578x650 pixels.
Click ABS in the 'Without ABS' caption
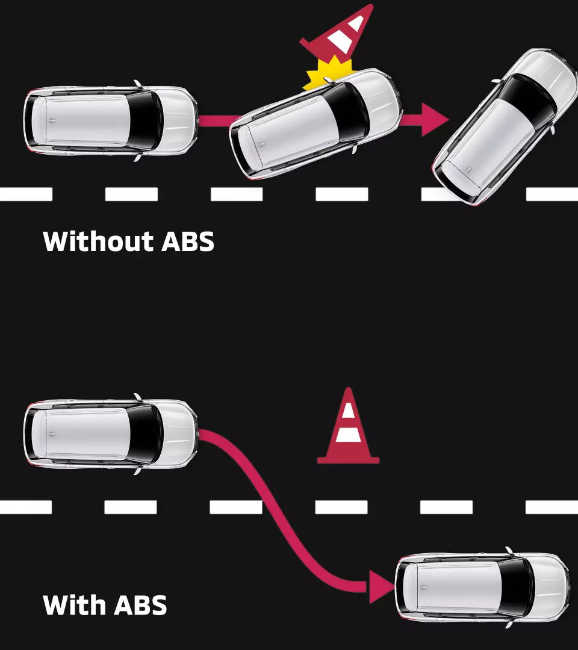[188, 241]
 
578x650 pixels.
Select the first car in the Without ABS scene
[111, 121]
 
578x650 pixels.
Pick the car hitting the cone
[316, 124]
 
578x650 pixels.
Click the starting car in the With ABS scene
[111, 433]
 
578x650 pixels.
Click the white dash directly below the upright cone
[341, 507]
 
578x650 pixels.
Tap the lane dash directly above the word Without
[131, 194]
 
